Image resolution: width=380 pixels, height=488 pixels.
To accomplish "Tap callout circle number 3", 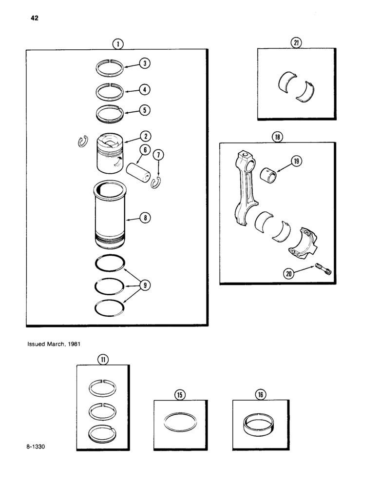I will (x=145, y=63).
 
